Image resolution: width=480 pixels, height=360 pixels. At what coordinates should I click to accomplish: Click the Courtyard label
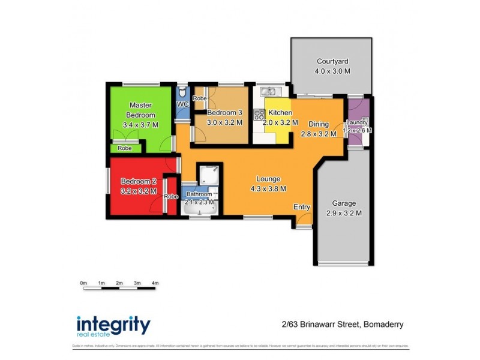[x=332, y=61]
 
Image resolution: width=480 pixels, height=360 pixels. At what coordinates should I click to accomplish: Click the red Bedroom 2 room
[x=135, y=186]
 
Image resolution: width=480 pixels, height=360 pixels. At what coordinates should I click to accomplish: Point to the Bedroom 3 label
[x=224, y=112]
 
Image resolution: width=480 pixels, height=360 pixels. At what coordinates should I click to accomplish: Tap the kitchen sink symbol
[x=268, y=92]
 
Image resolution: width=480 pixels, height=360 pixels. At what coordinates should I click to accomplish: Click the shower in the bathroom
[x=209, y=175]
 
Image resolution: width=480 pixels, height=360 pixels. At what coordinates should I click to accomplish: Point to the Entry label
[x=302, y=207]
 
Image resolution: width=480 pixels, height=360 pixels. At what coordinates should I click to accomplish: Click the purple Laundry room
[x=356, y=123]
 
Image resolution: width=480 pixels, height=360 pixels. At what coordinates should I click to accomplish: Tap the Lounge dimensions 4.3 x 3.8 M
[x=268, y=188]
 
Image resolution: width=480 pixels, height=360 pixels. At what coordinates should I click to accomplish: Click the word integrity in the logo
[x=113, y=324]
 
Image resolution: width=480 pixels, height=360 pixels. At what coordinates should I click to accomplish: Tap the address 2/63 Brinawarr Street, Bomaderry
[x=342, y=325]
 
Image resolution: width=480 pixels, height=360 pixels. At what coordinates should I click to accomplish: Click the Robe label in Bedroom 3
[x=199, y=98]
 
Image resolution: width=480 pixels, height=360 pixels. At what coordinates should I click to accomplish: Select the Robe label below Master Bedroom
[x=124, y=148]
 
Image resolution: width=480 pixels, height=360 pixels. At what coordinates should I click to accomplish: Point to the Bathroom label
[x=199, y=194]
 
